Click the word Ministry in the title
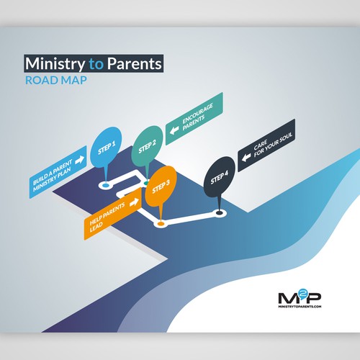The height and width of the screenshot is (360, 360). (x=55, y=64)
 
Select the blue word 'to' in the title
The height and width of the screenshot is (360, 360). (x=96, y=64)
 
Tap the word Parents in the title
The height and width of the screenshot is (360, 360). (x=134, y=63)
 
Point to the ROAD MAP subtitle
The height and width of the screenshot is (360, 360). (x=56, y=80)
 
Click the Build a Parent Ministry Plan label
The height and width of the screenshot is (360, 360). (x=58, y=172)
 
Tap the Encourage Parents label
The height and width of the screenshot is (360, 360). (x=194, y=119)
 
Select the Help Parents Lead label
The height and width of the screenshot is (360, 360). (x=112, y=213)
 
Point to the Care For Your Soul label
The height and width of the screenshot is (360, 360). (x=266, y=145)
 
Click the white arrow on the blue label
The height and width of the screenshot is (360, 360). (x=80, y=160)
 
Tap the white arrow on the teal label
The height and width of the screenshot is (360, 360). (x=174, y=130)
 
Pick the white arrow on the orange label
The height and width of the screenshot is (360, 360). (x=134, y=202)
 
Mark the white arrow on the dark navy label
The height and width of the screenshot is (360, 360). (x=246, y=158)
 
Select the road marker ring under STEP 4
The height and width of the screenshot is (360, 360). (x=219, y=213)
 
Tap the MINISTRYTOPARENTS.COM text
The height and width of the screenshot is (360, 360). (x=300, y=307)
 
